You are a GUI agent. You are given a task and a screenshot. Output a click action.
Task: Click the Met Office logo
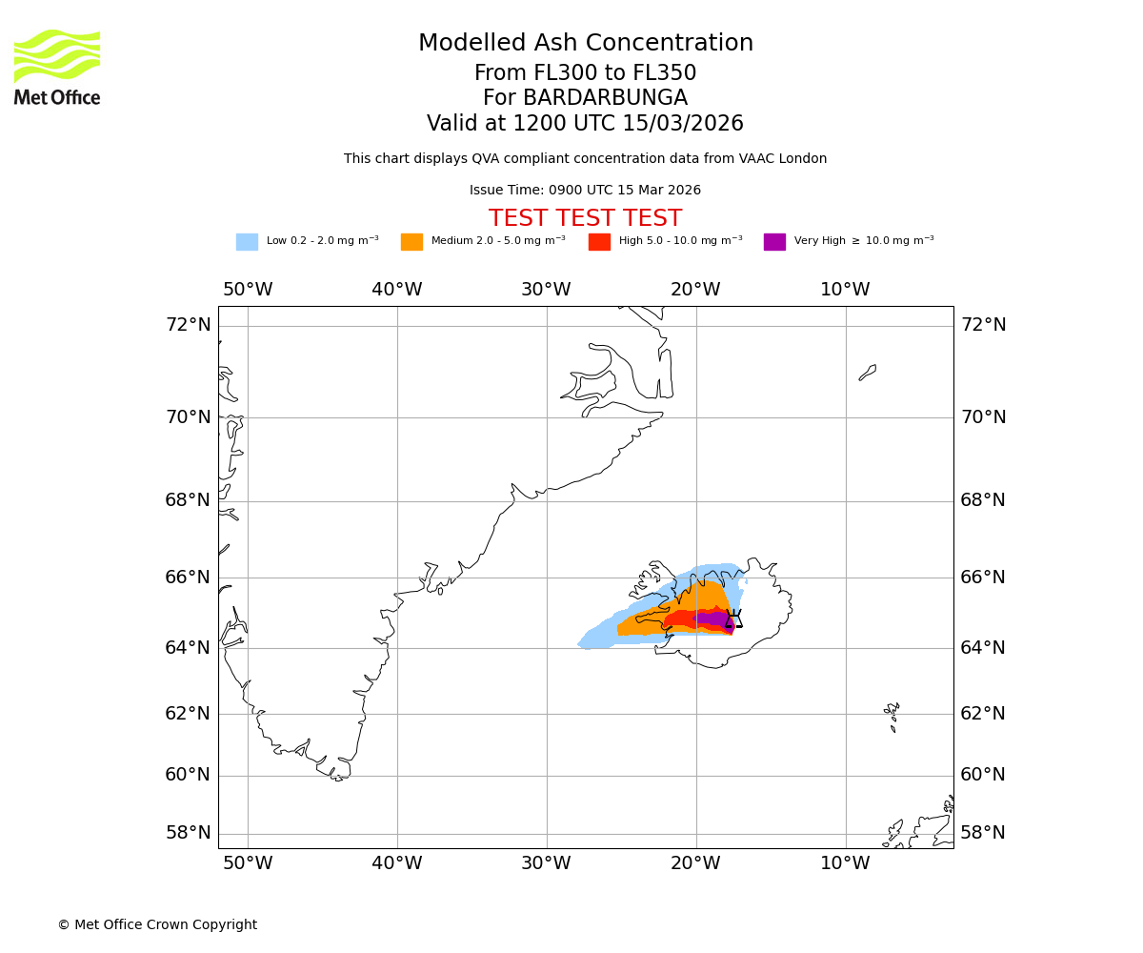(57, 67)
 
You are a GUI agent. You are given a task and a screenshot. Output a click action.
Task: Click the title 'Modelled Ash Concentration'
(585, 44)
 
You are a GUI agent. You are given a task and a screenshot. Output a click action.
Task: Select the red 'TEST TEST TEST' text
(585, 218)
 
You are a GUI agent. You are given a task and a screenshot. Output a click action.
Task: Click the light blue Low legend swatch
(247, 242)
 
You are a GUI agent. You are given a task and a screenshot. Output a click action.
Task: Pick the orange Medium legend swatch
(411, 242)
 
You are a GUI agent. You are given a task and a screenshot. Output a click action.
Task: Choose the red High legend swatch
(599, 242)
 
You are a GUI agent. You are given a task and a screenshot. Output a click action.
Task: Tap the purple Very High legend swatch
(774, 242)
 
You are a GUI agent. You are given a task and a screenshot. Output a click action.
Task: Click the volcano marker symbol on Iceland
(732, 618)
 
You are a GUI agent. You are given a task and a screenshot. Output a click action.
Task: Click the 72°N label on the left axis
(188, 325)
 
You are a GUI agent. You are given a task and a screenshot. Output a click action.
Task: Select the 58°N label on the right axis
(982, 833)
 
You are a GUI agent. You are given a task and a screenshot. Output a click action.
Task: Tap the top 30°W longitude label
(546, 290)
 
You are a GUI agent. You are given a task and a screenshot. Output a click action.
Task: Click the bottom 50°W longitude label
(248, 863)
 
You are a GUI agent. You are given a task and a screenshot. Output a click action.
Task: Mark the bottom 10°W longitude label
(845, 863)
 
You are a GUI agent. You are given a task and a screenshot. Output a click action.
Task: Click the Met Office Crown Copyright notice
(157, 924)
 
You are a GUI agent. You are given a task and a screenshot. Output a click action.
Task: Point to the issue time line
(585, 191)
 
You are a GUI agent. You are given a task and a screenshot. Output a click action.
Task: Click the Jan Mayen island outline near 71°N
(868, 372)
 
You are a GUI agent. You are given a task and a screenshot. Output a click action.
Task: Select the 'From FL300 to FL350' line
(585, 73)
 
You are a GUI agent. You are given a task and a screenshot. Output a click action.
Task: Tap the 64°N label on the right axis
(982, 648)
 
